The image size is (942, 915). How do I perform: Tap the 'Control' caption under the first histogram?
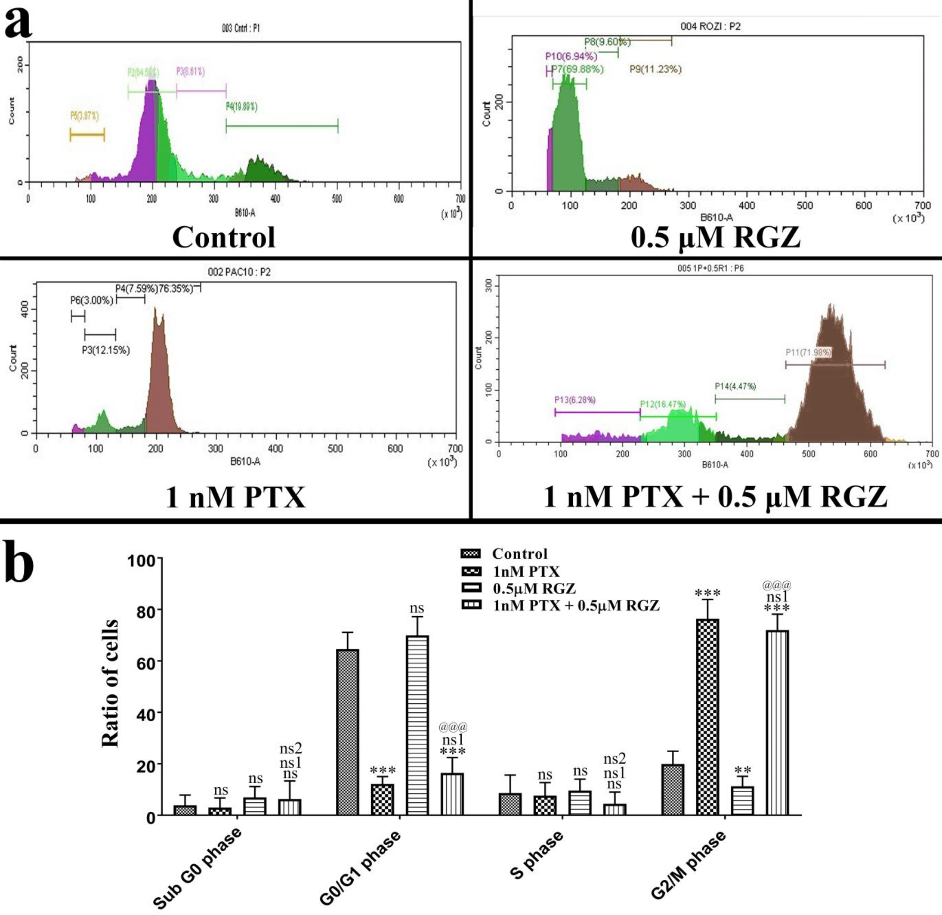point(224,237)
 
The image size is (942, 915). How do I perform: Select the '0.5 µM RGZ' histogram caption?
point(715,237)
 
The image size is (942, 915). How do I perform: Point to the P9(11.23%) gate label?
point(655,69)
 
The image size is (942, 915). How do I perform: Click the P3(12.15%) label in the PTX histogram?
point(106,350)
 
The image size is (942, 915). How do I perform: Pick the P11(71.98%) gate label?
point(808,352)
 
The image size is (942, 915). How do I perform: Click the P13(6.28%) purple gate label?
point(575,400)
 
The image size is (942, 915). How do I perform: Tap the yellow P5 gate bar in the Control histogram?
point(87,135)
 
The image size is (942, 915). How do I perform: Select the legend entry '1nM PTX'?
point(526,571)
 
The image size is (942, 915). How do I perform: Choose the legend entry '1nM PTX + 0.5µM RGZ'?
point(576,605)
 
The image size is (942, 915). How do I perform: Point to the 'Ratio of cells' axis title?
point(111,683)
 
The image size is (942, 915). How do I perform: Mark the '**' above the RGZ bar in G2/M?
point(743,770)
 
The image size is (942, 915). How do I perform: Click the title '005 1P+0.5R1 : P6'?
point(710,268)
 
